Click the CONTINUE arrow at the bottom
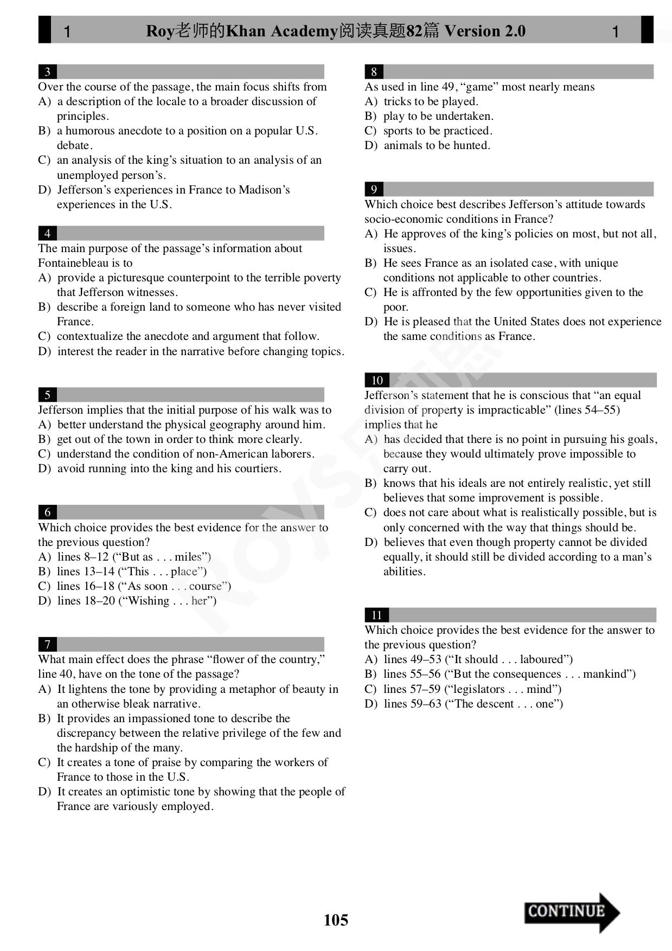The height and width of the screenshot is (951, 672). (571, 913)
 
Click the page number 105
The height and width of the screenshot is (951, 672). (336, 920)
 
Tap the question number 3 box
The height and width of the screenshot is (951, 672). (48, 72)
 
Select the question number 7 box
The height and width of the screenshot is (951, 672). (48, 644)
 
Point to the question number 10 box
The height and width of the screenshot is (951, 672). (377, 380)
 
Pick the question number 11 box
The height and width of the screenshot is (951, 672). (376, 615)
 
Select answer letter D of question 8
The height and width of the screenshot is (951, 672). (370, 145)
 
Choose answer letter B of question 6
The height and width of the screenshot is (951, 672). (44, 571)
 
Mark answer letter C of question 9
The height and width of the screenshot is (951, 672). (370, 292)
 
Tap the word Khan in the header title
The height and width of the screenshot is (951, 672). (246, 31)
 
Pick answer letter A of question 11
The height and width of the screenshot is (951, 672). (370, 659)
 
